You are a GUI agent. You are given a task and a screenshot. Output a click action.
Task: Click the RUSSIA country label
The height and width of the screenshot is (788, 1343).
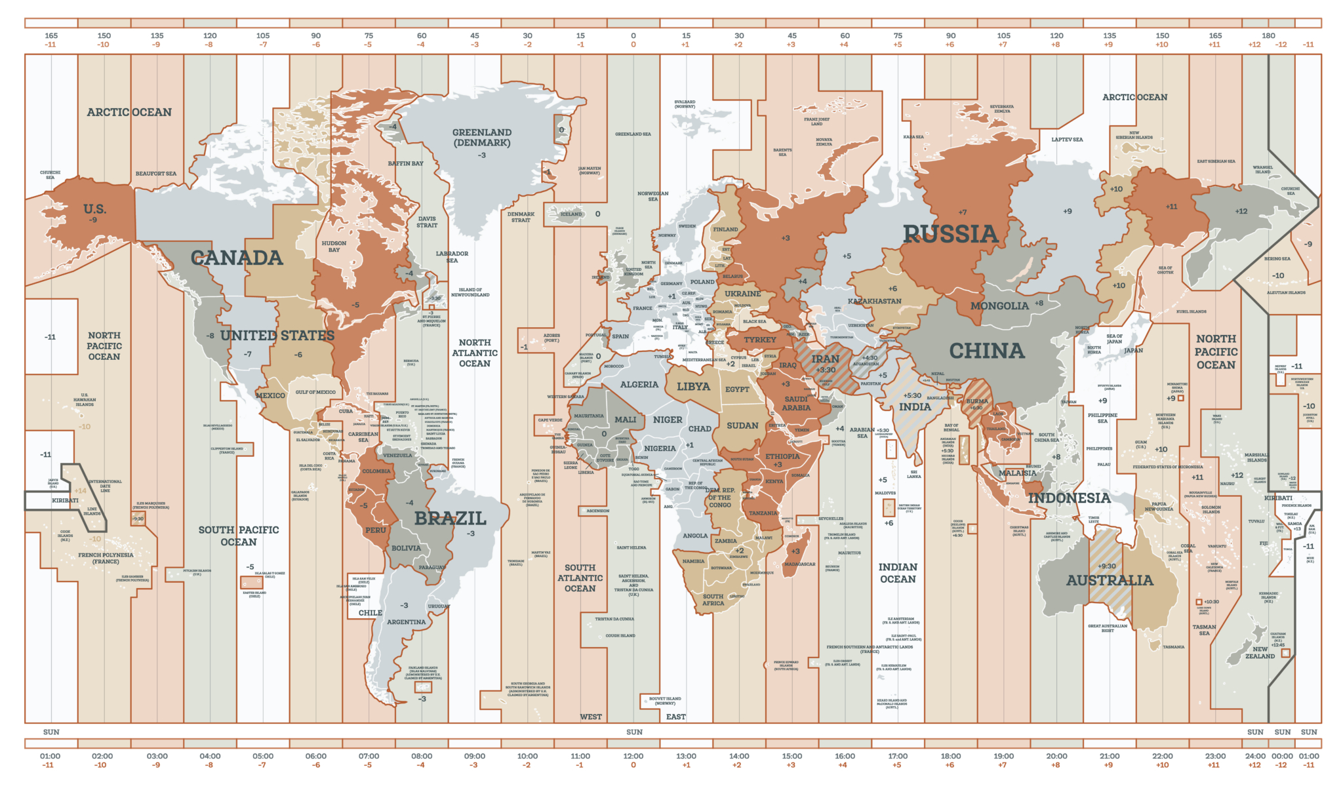[x=950, y=234]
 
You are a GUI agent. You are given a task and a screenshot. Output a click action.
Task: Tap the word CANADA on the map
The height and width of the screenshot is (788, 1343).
[x=237, y=258]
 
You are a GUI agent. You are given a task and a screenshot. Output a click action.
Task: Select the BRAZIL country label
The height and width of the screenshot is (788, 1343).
[x=450, y=519]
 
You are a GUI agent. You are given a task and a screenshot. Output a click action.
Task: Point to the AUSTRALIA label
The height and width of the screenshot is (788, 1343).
[x=1110, y=580]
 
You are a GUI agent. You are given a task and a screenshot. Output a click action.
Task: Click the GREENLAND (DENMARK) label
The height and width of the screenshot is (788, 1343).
[x=482, y=138]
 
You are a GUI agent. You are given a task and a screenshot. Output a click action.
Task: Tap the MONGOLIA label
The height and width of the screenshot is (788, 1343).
[x=999, y=306]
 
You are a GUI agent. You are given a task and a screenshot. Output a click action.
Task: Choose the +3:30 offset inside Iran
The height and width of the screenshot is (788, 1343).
[x=825, y=370]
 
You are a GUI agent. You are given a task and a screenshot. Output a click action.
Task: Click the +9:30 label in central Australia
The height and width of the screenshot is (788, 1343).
[x=1107, y=566]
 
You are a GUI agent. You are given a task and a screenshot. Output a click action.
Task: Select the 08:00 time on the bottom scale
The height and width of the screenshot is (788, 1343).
[x=422, y=756]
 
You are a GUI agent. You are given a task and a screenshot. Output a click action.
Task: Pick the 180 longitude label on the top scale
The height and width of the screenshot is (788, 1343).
[x=1268, y=36]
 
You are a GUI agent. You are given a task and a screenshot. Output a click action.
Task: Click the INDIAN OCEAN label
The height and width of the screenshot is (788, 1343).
[x=898, y=573]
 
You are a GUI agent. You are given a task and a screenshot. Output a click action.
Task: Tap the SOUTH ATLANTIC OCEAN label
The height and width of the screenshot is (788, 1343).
[x=580, y=578]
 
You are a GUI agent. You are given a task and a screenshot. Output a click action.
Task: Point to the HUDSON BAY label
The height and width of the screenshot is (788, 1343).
[x=334, y=246]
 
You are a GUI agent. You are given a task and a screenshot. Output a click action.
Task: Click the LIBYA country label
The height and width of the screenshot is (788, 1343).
[x=693, y=387]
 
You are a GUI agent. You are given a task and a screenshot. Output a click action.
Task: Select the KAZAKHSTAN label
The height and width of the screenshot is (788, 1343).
[x=875, y=302]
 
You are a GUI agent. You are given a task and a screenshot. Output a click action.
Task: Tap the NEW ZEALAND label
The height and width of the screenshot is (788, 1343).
[x=1260, y=653]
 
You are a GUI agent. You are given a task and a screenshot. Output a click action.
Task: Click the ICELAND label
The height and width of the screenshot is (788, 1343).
[x=571, y=214]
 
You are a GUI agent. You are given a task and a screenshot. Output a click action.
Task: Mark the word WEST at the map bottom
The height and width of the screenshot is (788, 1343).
[x=590, y=717]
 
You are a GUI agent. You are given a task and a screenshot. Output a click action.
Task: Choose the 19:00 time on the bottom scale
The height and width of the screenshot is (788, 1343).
[x=1003, y=756]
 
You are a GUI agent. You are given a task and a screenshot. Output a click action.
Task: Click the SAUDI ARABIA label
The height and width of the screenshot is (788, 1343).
[x=796, y=403]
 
